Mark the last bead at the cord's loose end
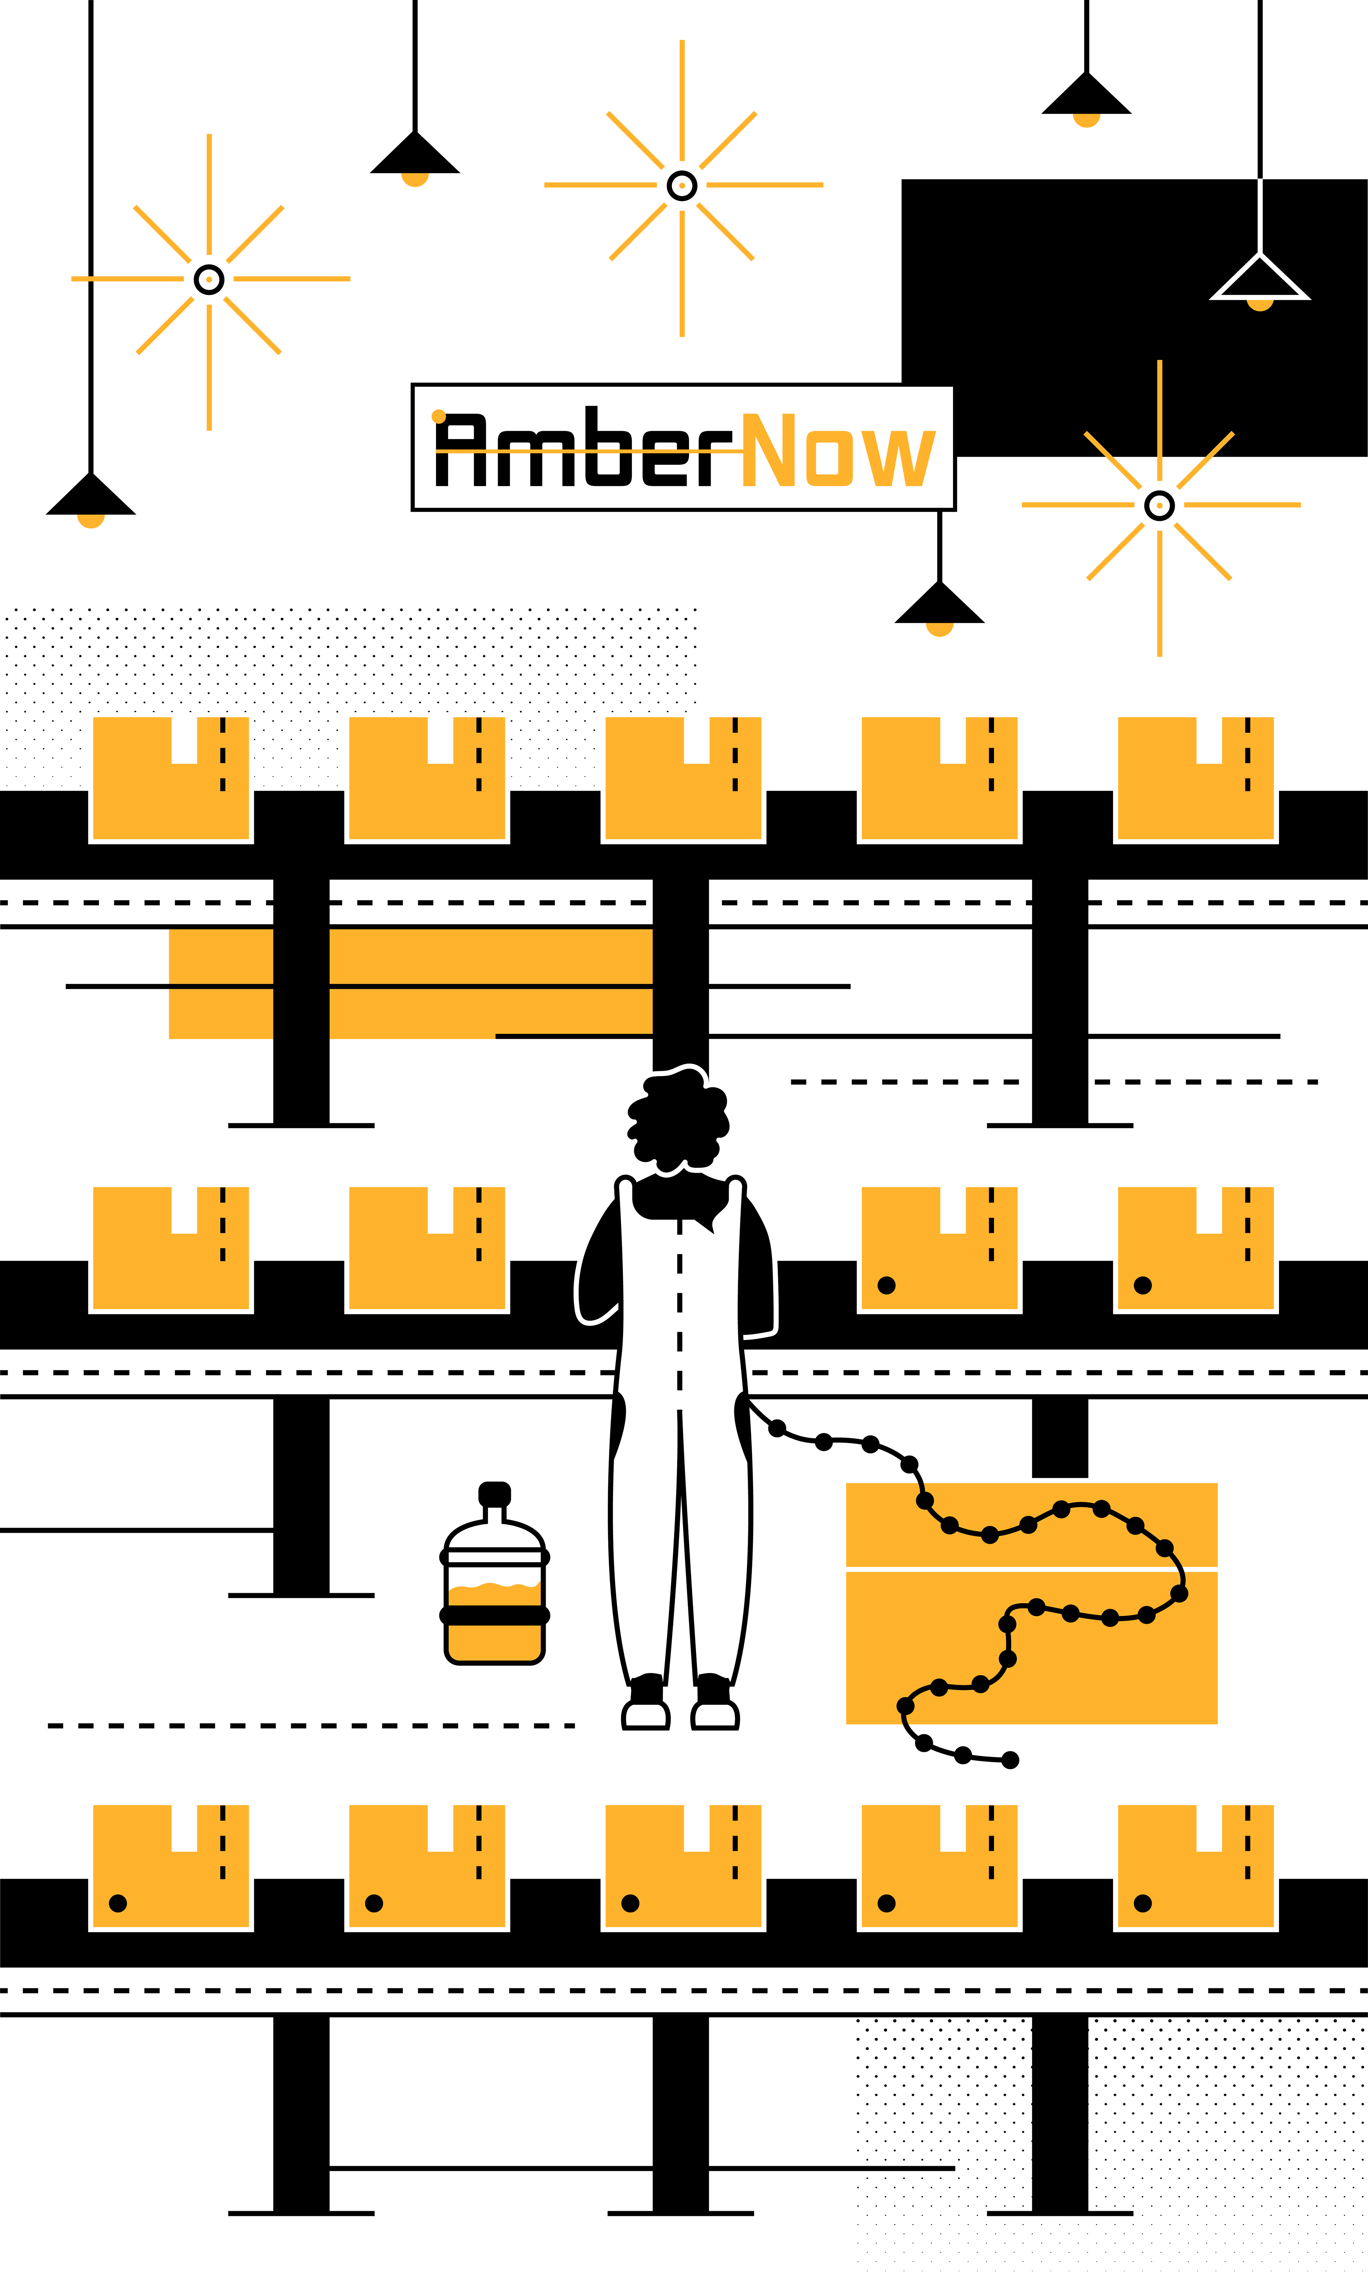(x=1010, y=1760)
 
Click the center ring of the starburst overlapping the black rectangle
(x=1159, y=505)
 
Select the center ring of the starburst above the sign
(x=681, y=185)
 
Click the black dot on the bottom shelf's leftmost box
(x=118, y=1903)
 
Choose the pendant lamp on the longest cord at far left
(x=90, y=498)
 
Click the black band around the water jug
(x=494, y=1615)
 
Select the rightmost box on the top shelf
(x=1196, y=779)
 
